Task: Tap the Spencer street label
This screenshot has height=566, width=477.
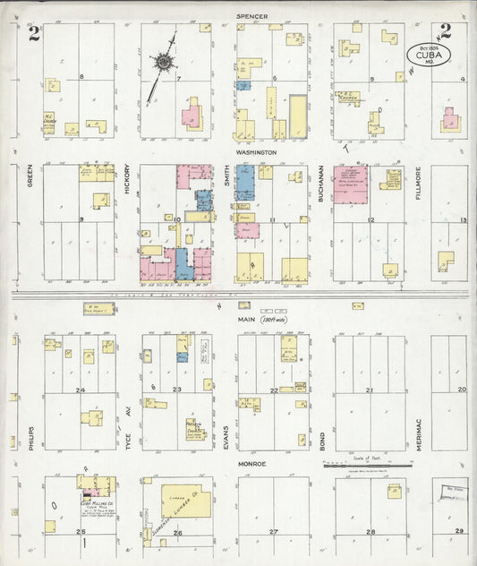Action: pyautogui.click(x=256, y=16)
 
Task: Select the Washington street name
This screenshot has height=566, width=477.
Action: pyautogui.click(x=257, y=153)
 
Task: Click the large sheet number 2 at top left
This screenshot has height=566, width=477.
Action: pyautogui.click(x=33, y=34)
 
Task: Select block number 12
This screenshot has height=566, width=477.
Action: pyautogui.click(x=369, y=219)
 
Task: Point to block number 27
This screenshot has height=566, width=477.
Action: pyautogui.click(x=273, y=532)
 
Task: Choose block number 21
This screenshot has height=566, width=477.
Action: pyautogui.click(x=370, y=390)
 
